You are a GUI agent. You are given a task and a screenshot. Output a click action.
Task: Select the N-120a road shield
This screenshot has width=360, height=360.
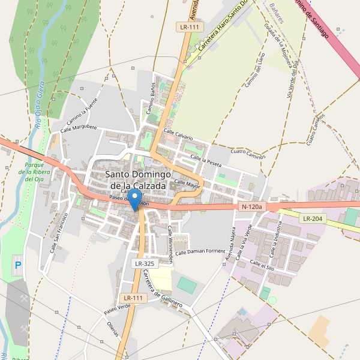pyautogui.click(x=251, y=207)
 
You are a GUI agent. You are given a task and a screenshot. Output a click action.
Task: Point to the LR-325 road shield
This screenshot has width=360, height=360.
pyautogui.click(x=144, y=263)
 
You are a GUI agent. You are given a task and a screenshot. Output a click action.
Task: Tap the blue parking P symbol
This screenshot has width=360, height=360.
pyautogui.click(x=17, y=265)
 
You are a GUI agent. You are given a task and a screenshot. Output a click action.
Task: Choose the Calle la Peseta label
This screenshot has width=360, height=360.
pyautogui.click(x=206, y=160)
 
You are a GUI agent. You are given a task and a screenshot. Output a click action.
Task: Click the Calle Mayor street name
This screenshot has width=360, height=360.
pyautogui.click(x=187, y=183)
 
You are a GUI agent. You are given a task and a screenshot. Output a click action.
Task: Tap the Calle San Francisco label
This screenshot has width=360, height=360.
pyautogui.click(x=60, y=230)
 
